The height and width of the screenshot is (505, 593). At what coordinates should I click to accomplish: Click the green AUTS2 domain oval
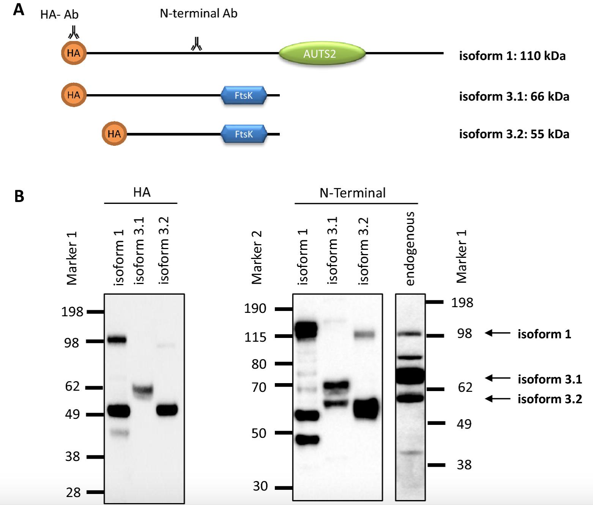[322, 54]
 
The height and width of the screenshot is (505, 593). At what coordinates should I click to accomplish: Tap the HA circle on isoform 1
[74, 53]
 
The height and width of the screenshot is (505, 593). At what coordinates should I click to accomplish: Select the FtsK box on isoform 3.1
[244, 95]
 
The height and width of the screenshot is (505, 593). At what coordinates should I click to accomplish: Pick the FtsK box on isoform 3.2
[244, 134]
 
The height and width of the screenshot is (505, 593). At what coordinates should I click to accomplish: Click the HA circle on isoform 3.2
[114, 134]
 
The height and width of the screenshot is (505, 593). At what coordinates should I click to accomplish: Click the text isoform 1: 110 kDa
[512, 56]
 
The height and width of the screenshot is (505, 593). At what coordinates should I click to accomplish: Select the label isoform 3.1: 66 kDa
[514, 96]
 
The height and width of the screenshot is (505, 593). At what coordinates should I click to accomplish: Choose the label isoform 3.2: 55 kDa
[514, 134]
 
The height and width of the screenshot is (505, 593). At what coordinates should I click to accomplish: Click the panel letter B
[19, 196]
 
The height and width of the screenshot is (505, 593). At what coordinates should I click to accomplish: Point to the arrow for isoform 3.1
[498, 378]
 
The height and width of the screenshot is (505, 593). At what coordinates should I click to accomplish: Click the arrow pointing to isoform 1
[498, 333]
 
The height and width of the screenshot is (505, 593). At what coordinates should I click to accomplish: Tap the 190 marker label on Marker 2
[255, 308]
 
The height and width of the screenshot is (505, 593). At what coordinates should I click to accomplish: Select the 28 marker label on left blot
[73, 492]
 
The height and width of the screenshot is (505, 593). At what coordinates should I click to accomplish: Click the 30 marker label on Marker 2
[260, 486]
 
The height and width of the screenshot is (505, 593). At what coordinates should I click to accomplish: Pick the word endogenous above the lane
[410, 249]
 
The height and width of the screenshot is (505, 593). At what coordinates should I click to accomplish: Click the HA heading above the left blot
[142, 193]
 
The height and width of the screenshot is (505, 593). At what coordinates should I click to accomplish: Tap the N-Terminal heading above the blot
[352, 193]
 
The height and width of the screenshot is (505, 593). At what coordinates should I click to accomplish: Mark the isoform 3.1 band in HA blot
[143, 390]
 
